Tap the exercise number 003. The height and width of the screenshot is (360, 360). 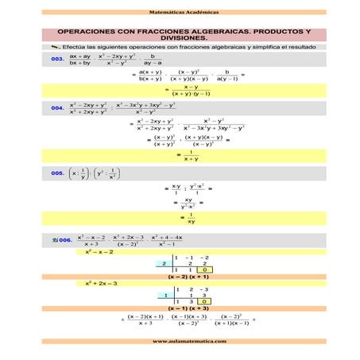point(57,60)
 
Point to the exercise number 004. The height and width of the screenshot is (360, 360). point(57,107)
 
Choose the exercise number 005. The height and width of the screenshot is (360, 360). point(57,172)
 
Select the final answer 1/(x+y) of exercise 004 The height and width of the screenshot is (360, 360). point(189,156)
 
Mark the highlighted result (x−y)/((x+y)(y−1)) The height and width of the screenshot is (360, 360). point(190,91)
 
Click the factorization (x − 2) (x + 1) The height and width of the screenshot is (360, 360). point(190,277)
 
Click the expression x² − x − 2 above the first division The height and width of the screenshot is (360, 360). point(99,251)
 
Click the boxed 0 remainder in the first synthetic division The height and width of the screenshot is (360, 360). point(204,270)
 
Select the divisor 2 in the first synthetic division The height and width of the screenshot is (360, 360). point(162,263)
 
